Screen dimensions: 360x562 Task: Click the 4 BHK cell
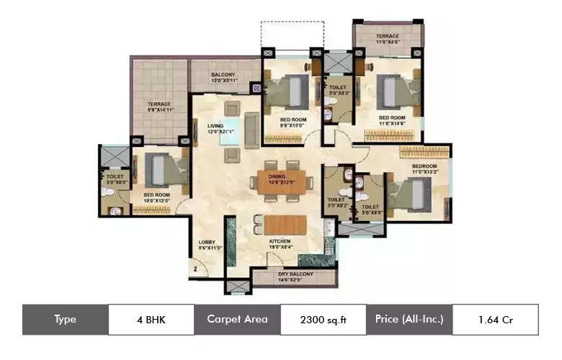pyautogui.click(x=151, y=319)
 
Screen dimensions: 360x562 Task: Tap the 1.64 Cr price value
pyautogui.click(x=494, y=319)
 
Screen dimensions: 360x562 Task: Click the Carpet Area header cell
pyautogui.click(x=237, y=319)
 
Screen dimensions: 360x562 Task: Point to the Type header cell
pyautogui.click(x=66, y=319)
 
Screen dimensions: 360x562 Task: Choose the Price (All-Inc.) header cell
pyautogui.click(x=409, y=319)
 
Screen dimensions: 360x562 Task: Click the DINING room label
pyautogui.click(x=277, y=176)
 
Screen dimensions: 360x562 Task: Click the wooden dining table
pyautogui.click(x=286, y=182)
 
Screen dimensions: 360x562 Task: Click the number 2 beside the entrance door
pyautogui.click(x=195, y=270)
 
